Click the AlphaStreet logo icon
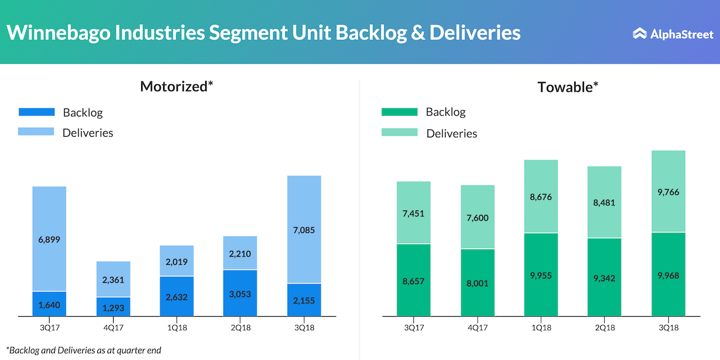tap(640, 34)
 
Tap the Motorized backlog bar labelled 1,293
tap(113, 307)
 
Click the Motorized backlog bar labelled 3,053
tap(240, 293)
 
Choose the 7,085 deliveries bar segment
tap(304, 229)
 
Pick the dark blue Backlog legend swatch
tap(37, 112)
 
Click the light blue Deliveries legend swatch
tap(37, 132)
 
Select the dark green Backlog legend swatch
tap(399, 112)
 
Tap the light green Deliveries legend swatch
tap(399, 132)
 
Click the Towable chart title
tap(568, 87)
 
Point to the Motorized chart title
tap(177, 87)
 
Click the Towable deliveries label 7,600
tap(478, 217)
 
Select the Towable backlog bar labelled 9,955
tap(541, 274)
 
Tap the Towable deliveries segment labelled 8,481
tap(604, 201)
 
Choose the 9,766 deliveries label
tap(668, 192)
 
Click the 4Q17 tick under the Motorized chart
tap(113, 327)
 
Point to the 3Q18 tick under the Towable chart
tap(668, 327)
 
